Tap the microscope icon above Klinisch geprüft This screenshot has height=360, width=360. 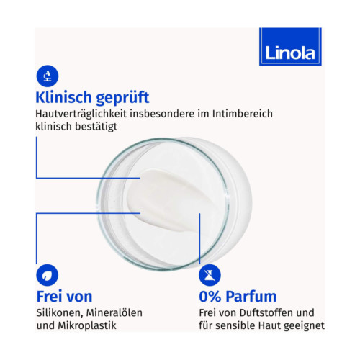(x=47, y=75)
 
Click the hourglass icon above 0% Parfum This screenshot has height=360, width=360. (x=210, y=274)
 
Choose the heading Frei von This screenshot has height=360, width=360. (x=64, y=297)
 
